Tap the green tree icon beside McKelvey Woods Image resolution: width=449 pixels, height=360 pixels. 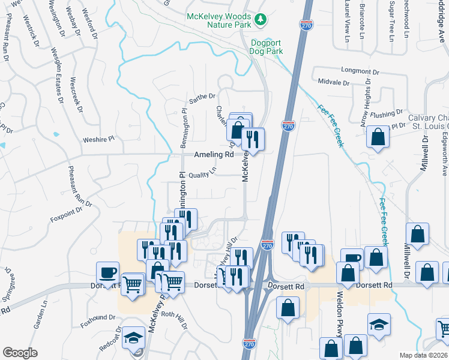(x=260, y=21)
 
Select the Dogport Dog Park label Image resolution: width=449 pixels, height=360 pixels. (x=267, y=47)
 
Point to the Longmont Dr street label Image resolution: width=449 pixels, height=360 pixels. (x=361, y=71)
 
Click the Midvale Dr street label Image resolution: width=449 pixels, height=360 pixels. (x=333, y=81)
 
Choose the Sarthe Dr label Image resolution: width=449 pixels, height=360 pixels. (x=202, y=96)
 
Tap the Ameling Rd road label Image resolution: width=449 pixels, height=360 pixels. (x=213, y=155)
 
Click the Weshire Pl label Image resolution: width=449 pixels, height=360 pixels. (x=98, y=140)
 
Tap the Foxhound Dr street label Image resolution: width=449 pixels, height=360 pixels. (x=101, y=317)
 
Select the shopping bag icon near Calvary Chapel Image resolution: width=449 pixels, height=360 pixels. (x=378, y=137)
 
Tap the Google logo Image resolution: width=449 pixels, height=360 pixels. (x=20, y=353)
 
